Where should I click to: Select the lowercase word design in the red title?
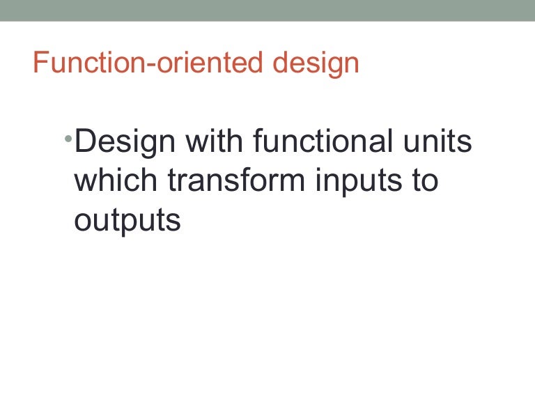coord(316,63)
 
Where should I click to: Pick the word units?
coord(440,142)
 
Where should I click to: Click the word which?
coord(116,181)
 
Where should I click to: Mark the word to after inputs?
coord(426,181)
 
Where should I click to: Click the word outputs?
coord(127,222)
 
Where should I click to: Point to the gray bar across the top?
coord(267,10)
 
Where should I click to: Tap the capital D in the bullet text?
coord(85,142)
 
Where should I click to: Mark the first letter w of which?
coord(86,183)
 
